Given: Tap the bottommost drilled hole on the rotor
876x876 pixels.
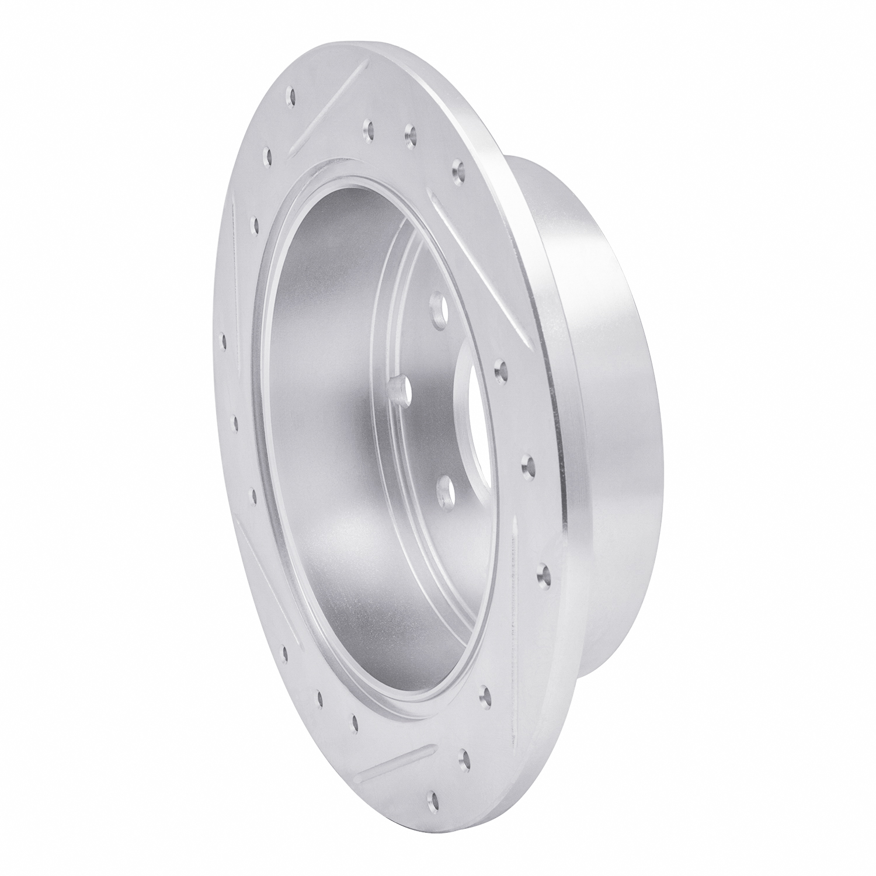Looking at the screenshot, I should [x=433, y=797].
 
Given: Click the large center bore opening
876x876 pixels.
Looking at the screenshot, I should [x=470, y=409].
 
